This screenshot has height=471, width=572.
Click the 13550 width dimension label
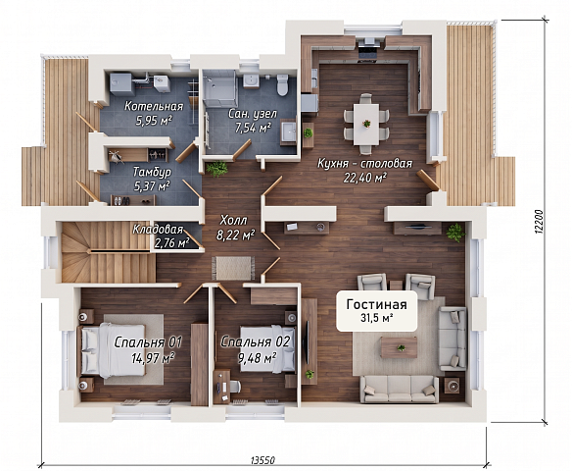pyautogui.click(x=262, y=460)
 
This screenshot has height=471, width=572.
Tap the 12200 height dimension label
pyautogui.click(x=542, y=221)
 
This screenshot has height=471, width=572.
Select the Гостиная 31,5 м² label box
pyautogui.click(x=376, y=311)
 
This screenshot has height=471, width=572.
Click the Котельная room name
pyautogui.click(x=154, y=106)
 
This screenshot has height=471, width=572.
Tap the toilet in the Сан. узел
pyautogui.click(x=282, y=84)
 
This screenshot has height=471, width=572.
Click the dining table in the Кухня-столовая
pyautogui.click(x=366, y=125)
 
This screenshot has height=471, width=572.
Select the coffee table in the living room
pyautogui.click(x=399, y=346)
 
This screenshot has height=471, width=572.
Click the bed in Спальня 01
pyautogui.click(x=113, y=350)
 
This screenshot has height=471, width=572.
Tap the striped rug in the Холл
pyautogui.click(x=233, y=268)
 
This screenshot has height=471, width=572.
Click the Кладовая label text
pyautogui.click(x=158, y=230)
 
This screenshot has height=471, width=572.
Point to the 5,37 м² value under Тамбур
pyautogui.click(x=152, y=186)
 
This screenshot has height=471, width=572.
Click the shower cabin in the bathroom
pyautogui.click(x=219, y=88)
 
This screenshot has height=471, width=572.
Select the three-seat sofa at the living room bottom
pyautogui.click(x=399, y=389)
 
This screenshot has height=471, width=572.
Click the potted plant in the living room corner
pyautogui.click(x=455, y=232)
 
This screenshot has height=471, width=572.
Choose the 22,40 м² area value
pyautogui.click(x=364, y=178)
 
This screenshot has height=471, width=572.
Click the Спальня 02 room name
pyautogui.click(x=256, y=342)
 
